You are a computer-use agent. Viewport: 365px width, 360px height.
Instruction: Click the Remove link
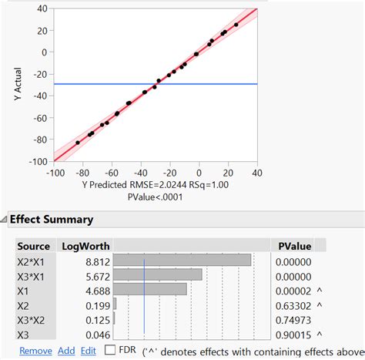[x=35, y=350]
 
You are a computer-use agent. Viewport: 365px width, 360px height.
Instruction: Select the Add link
[x=66, y=350]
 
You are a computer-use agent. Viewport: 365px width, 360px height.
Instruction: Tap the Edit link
[x=89, y=350]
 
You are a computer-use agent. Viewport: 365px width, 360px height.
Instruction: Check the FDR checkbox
[x=110, y=350]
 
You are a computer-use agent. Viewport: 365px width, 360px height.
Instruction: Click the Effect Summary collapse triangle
[x=4, y=220]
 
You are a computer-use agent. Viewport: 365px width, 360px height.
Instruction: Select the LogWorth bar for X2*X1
[x=182, y=261]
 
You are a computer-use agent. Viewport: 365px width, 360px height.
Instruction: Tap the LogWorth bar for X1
[x=150, y=288]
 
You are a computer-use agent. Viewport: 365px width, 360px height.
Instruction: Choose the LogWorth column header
[x=85, y=246]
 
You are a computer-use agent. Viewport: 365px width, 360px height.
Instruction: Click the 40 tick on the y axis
[x=42, y=8]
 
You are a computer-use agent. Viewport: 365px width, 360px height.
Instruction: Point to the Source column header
[x=34, y=246]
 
